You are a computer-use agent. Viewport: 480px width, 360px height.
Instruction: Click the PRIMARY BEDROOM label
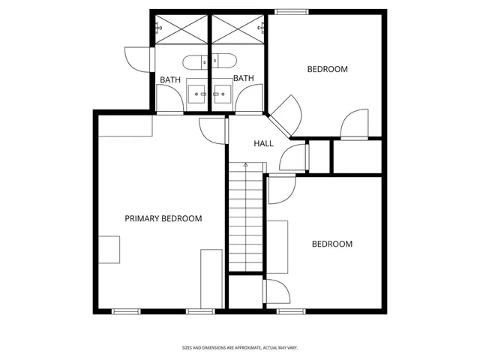point(163,218)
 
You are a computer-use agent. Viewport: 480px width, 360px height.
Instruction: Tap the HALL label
point(263,143)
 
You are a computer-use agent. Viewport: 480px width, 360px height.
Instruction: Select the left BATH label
point(170,79)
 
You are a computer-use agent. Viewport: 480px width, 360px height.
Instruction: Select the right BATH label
point(243,78)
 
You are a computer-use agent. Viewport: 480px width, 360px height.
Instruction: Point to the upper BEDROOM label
point(328,69)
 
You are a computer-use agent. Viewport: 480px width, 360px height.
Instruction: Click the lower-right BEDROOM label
point(331,244)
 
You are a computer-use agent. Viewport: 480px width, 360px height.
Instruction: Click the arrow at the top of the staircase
point(245,165)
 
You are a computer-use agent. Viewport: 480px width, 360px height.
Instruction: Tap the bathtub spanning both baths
point(211,61)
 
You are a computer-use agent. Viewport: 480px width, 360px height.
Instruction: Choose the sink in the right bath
point(223,93)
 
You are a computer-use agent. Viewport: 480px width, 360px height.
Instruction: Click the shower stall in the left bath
point(181,29)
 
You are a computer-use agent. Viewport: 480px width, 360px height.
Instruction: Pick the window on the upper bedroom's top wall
point(291,11)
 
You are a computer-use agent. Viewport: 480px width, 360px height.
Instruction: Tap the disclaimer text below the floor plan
point(240,347)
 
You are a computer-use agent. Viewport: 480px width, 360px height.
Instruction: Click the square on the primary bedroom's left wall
point(109,249)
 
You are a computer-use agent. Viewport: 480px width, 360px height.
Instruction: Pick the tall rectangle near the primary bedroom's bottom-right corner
point(211,278)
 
